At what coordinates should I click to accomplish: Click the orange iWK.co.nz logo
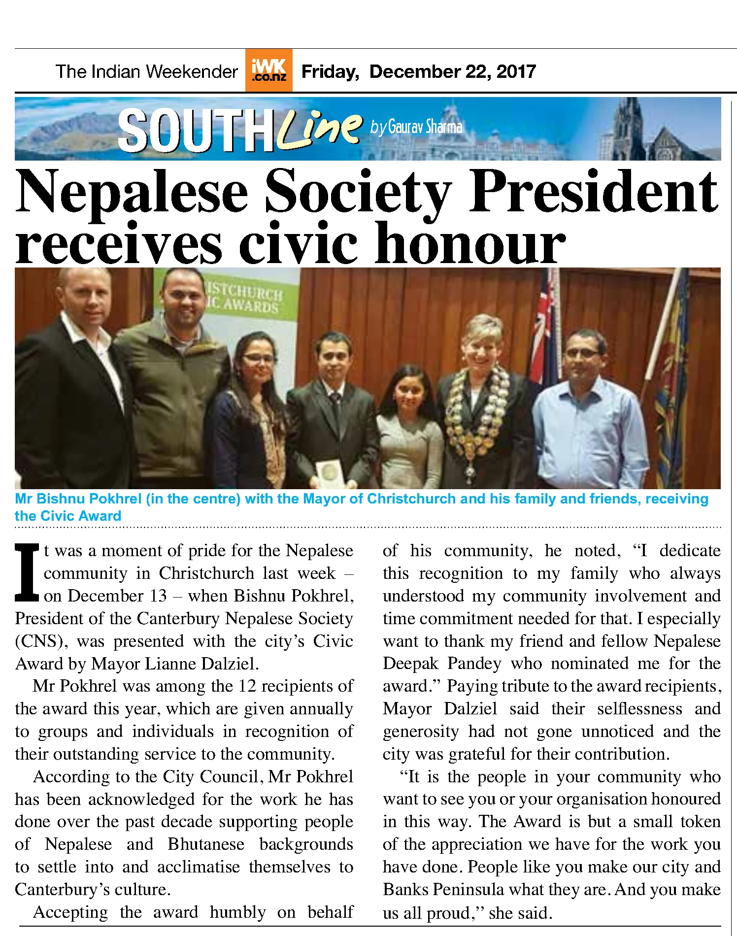tap(268, 70)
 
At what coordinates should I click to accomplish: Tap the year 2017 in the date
tap(516, 72)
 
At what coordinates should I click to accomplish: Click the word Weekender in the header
tap(192, 72)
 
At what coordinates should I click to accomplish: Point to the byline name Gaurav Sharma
tap(425, 127)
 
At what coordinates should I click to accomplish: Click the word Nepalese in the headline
tap(132, 192)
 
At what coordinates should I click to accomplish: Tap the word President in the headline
tap(594, 192)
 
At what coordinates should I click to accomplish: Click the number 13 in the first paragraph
tap(158, 596)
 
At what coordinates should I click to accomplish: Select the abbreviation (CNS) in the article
tap(41, 641)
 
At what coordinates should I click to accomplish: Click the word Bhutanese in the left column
tap(206, 844)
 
